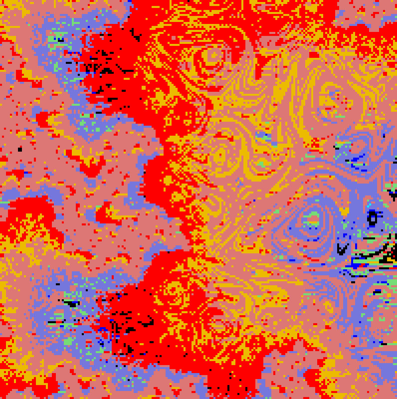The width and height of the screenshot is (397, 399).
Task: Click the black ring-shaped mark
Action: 372,217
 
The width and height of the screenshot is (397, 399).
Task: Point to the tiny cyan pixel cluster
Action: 368,207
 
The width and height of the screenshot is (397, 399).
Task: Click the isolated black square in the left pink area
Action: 20,149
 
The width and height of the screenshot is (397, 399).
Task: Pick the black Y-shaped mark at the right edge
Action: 393,194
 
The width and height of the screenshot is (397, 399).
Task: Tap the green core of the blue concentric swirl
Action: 312,218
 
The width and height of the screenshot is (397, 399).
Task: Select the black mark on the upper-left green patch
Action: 60,39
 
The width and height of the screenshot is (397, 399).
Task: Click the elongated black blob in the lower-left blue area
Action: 72,302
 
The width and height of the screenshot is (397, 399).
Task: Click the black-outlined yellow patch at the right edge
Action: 387,259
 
